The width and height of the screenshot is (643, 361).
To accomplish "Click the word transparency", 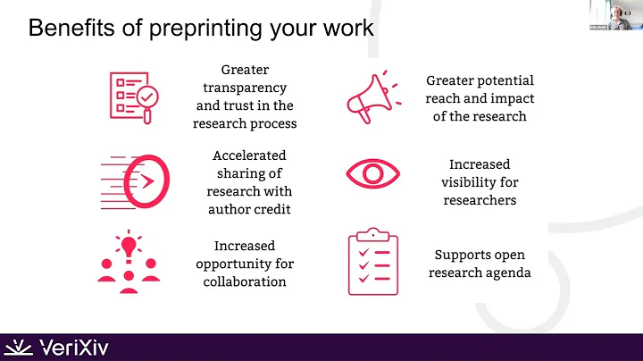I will pyautogui.click(x=245, y=87).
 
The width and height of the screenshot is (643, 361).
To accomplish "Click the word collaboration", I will pyautogui.click(x=244, y=281).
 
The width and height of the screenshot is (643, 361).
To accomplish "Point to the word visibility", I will pyautogui.click(x=480, y=182).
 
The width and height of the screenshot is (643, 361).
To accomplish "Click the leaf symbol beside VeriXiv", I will pyautogui.click(x=20, y=347).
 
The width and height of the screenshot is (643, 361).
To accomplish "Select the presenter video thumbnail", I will pyautogui.click(x=615, y=15).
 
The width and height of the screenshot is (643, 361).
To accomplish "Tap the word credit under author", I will pyautogui.click(x=273, y=209).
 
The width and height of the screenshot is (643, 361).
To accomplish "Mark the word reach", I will pyautogui.click(x=446, y=98).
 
